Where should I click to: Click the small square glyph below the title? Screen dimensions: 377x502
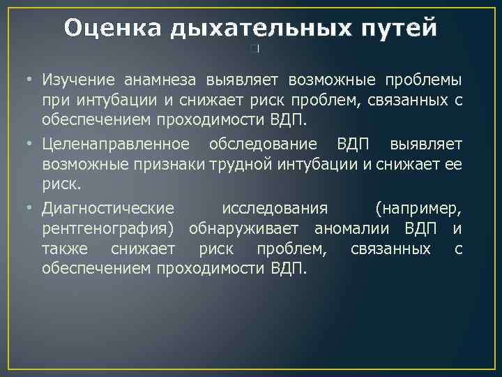(255, 49)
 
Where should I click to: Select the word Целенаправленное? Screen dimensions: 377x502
(115, 144)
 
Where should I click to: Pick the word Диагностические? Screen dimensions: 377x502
(108, 209)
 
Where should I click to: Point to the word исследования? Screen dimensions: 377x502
(274, 209)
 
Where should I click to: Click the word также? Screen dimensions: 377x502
(66, 249)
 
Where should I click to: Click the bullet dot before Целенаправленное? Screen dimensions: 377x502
(31, 144)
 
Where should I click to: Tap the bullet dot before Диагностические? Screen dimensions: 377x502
(31, 209)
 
